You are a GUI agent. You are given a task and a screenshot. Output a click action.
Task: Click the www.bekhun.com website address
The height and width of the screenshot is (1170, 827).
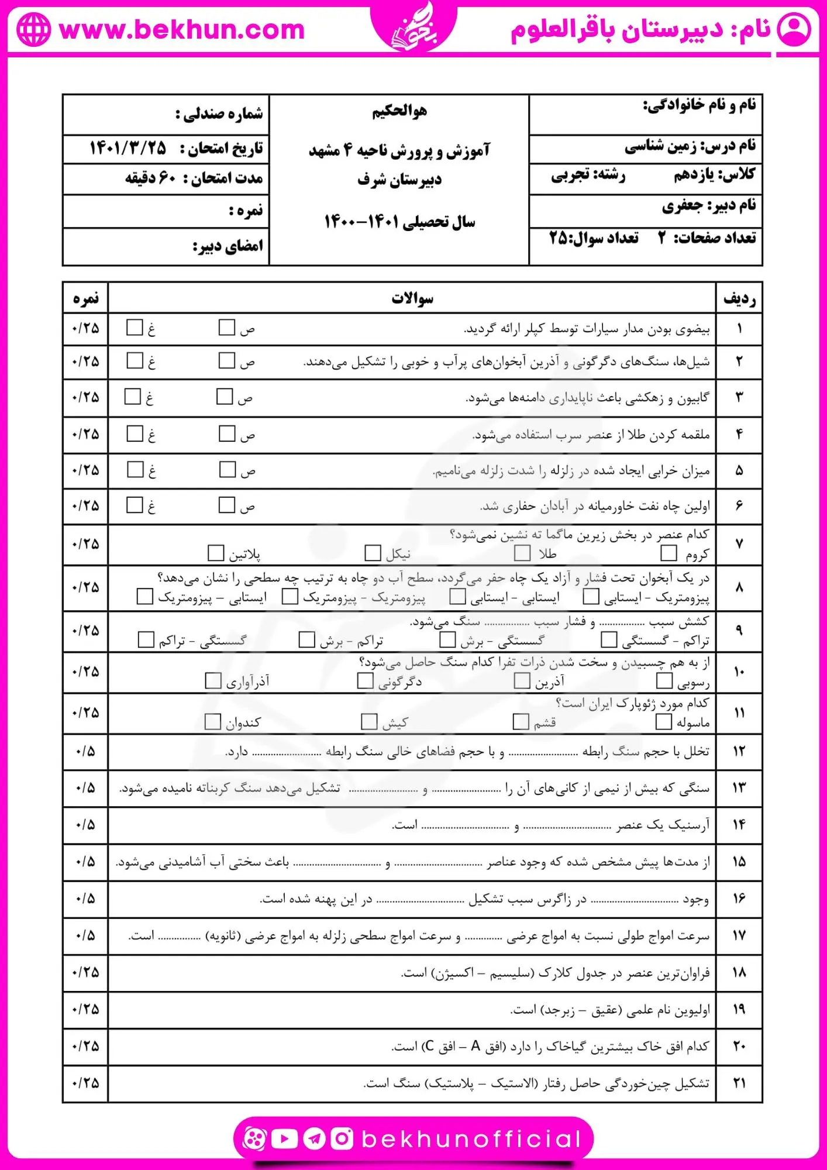[182, 30]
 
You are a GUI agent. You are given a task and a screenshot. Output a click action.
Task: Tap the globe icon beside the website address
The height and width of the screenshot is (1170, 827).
[33, 30]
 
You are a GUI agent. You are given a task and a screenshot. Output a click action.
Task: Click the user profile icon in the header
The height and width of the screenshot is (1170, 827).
[794, 29]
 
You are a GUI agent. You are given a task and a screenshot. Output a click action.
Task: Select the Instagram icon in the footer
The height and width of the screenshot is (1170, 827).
[342, 1138]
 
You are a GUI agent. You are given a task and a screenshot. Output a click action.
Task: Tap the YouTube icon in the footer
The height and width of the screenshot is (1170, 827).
[285, 1138]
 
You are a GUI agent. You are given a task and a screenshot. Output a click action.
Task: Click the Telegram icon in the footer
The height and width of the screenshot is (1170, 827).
[314, 1138]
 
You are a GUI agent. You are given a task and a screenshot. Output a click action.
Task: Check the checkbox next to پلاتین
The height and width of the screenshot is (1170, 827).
[216, 553]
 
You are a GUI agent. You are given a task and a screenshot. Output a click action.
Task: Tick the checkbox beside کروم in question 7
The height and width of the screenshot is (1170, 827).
[668, 553]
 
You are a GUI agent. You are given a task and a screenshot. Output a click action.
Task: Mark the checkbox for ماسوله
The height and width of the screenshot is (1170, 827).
[663, 722]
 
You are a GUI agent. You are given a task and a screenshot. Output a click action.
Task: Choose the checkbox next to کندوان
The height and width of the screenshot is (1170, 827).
[212, 722]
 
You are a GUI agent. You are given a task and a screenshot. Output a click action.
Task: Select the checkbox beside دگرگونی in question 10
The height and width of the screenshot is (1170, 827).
[365, 680]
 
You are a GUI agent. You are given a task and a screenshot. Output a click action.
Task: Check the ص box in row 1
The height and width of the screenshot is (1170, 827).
[226, 327]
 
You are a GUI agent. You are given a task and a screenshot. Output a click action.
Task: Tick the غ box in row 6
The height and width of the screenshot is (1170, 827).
[135, 505]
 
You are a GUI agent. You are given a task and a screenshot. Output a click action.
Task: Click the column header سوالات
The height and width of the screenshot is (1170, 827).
[412, 298]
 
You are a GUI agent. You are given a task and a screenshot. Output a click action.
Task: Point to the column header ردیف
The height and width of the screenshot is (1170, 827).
[739, 298]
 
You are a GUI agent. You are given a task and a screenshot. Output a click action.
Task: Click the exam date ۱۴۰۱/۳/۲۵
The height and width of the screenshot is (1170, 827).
[128, 148]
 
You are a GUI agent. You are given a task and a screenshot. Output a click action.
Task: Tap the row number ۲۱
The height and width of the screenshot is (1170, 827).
[739, 1083]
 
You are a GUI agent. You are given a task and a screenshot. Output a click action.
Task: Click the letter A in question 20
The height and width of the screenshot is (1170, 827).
[475, 1046]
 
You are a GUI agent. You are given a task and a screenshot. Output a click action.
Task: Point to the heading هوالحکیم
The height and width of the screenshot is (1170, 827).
[399, 111]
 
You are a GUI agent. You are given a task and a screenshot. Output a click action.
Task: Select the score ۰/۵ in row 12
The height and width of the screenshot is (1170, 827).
[85, 751]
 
